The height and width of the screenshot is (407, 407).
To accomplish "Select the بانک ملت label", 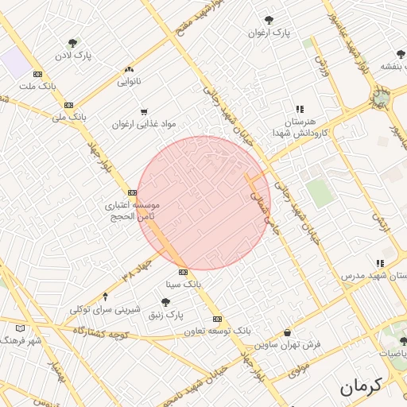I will pos(39,86).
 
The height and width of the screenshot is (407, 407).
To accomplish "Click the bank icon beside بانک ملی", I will pos(69,104).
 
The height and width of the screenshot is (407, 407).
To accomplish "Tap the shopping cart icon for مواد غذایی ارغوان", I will pos(144,112).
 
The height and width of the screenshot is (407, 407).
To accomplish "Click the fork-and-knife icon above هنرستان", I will pos(300,109).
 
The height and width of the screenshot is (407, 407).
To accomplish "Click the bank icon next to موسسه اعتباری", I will pos(132,192).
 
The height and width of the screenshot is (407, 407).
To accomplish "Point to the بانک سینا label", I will pos(184,283).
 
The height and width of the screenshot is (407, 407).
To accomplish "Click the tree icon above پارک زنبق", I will pos(165,301).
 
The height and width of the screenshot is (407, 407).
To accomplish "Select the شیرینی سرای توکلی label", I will pos(105,309).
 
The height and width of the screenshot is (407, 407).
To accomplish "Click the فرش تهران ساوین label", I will pos(288,345).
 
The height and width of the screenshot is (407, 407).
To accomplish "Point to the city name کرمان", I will pos(362,387).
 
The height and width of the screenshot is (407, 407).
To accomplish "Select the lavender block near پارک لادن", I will pos(14,62).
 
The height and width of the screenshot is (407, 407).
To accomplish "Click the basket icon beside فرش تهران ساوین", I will pos(287,332).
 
